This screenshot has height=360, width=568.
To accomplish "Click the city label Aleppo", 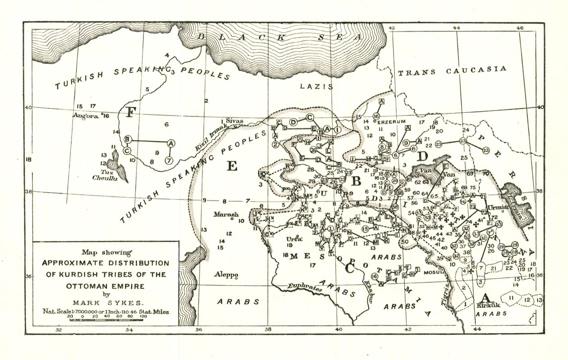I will point(226,276).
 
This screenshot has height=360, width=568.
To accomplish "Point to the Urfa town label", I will point(293,239).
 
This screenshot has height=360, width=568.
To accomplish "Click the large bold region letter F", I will point(130,112).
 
